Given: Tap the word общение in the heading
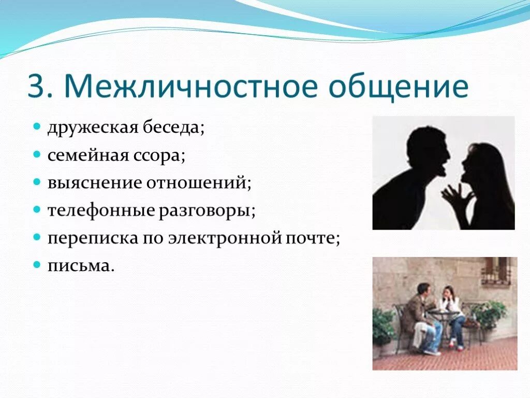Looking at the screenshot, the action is click(399, 87).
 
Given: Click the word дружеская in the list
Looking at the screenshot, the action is click(93, 129).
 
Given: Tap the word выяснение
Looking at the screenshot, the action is click(95, 183).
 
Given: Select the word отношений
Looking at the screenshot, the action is click(197, 183).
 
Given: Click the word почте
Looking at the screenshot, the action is click(311, 238).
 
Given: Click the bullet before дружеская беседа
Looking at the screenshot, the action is click(37, 127).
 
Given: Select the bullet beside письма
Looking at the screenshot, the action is click(37, 265).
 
